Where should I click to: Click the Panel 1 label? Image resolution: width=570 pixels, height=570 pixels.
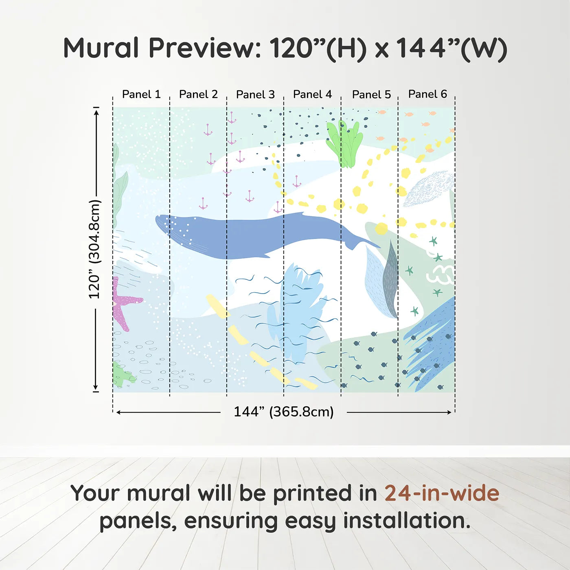pyautogui.click(x=141, y=94)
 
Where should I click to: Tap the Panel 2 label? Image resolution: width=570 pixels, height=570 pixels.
pyautogui.click(x=198, y=94)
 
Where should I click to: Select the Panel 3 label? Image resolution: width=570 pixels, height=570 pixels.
pyautogui.click(x=255, y=94)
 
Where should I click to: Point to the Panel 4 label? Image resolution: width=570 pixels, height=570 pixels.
pyautogui.click(x=312, y=94)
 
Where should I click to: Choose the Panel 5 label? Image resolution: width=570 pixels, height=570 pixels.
pyautogui.click(x=371, y=94)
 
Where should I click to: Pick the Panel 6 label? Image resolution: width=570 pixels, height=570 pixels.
pyautogui.click(x=427, y=94)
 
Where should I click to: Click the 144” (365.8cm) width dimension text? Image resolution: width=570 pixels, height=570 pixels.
pyautogui.click(x=283, y=412)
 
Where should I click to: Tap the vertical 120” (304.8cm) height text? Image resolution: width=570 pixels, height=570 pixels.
pyautogui.click(x=94, y=249)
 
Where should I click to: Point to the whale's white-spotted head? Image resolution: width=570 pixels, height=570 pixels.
pyautogui.click(x=173, y=228)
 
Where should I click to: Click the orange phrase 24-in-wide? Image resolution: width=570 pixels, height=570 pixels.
pyautogui.click(x=441, y=493)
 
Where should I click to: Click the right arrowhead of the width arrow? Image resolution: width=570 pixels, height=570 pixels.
pyautogui.click(x=449, y=412)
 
